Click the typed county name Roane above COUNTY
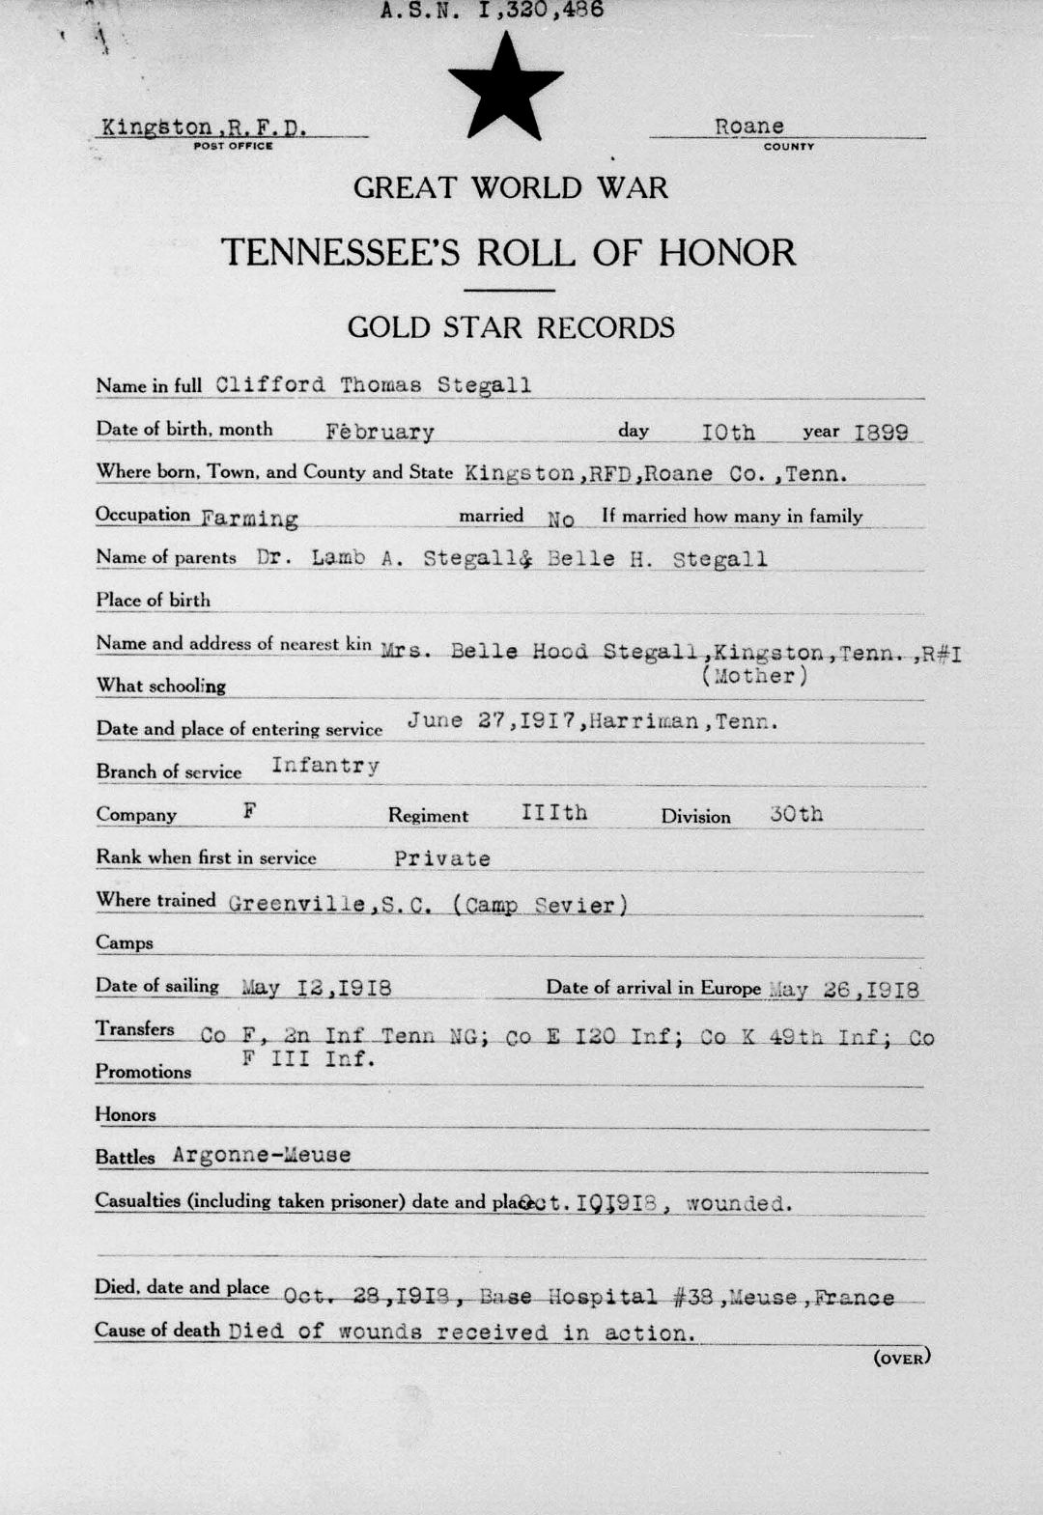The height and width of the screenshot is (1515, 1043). pos(749,126)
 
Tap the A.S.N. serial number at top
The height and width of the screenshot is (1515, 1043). pos(492,12)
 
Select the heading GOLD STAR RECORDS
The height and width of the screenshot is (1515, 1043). pos(511,328)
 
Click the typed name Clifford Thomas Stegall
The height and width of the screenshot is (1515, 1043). pos(373,385)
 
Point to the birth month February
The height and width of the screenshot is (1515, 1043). pos(380,432)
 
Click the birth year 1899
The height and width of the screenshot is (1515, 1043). pos(881,432)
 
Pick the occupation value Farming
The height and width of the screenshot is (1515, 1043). pos(249,519)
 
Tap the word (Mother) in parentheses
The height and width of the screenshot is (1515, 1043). pos(754,676)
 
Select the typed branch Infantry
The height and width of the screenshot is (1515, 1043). pos(325,767)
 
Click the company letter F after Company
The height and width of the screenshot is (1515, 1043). pos(249,811)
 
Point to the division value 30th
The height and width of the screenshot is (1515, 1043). pos(797,814)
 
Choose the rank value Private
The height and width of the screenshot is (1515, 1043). pos(442,858)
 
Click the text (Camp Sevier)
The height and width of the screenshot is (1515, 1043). pos(541,906)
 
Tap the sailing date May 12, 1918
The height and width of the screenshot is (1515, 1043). pos(316,988)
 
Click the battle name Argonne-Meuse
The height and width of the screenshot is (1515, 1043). pos(262,1155)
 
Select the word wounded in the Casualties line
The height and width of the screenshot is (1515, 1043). pos(739,1204)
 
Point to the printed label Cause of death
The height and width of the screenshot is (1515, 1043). pos(157,1331)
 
